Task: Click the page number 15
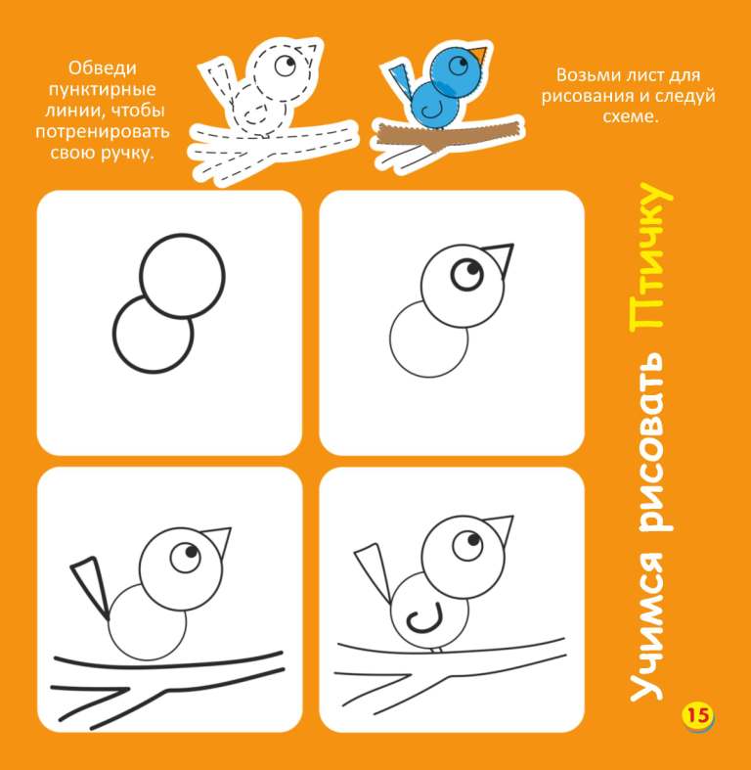(x=698, y=715)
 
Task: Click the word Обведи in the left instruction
(x=102, y=68)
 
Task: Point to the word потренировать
(x=103, y=132)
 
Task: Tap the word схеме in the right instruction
(x=629, y=116)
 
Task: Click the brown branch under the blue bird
(x=447, y=135)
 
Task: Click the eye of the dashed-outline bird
(x=285, y=65)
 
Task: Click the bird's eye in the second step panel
(x=467, y=275)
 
